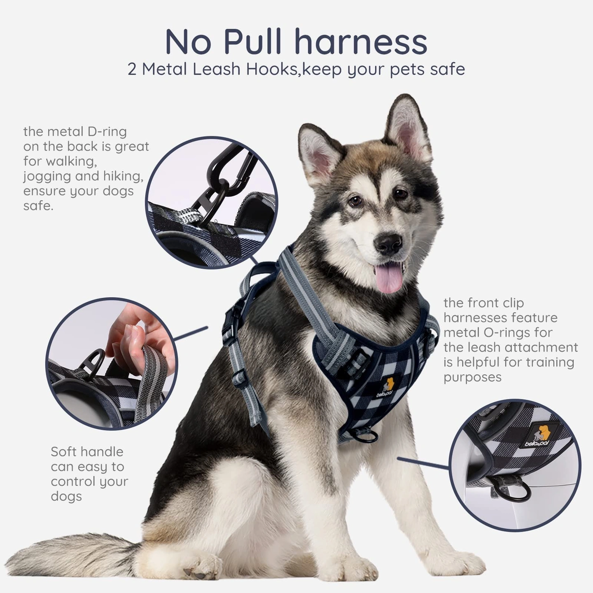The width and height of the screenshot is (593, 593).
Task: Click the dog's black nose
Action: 388,243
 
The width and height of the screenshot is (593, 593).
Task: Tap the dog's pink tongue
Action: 389,277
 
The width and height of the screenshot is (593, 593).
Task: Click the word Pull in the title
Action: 253,42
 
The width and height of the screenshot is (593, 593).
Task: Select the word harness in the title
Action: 361,42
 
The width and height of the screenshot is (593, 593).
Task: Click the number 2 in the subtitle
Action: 132,70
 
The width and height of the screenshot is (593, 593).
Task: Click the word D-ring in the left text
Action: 107,132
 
